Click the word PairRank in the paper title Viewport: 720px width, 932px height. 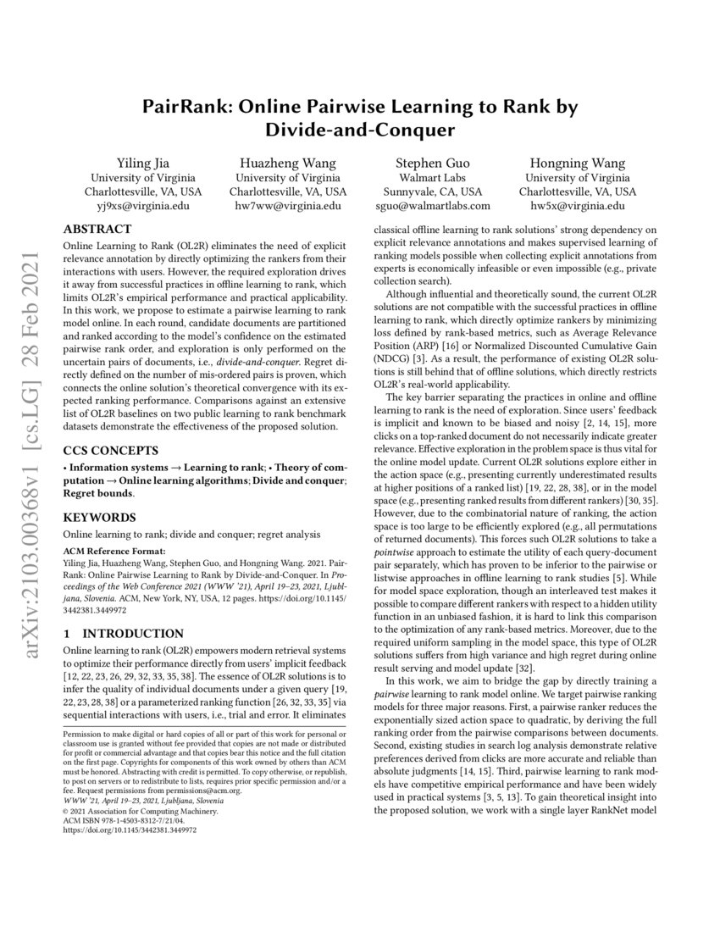[186, 108]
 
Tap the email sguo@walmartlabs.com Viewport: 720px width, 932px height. [432, 206]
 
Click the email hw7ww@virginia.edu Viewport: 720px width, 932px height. [287, 206]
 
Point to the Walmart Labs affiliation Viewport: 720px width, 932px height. [432, 177]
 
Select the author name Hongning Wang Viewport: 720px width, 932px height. [577, 163]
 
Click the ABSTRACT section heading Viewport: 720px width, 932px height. [97, 229]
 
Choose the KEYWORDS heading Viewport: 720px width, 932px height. [98, 516]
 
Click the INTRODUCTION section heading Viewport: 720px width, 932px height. [140, 633]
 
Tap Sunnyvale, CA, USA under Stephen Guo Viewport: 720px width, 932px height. [432, 191]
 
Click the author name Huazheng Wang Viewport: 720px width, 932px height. [287, 163]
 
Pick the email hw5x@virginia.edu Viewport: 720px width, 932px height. [577, 206]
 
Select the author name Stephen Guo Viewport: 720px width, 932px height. [432, 163]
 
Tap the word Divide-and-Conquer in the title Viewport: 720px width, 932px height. [360, 131]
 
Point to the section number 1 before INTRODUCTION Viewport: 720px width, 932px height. [69, 633]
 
